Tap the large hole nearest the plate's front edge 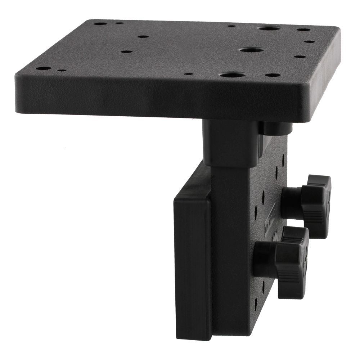point(233,75)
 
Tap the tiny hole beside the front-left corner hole point(62,71)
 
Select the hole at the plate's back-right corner point(303,30)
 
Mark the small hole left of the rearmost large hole point(232,26)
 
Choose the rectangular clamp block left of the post point(192,270)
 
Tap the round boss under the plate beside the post point(275,128)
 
